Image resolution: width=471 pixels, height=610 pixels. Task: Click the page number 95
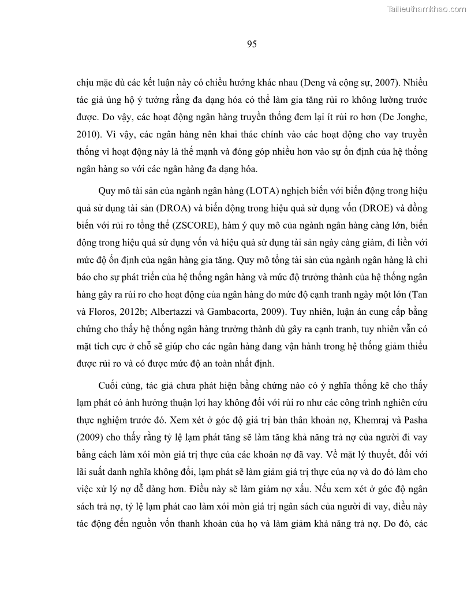pyautogui.click(x=235, y=44)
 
